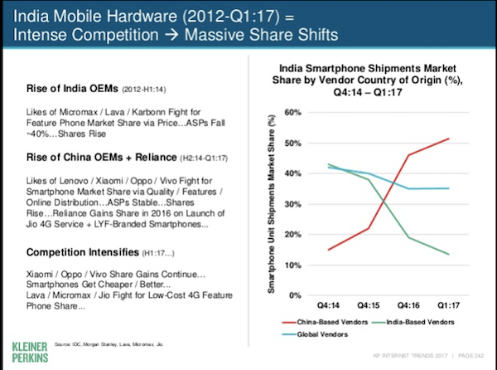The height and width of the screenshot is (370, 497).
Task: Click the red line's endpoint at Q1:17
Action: (x=448, y=139)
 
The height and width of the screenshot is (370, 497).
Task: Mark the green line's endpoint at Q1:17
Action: (x=448, y=254)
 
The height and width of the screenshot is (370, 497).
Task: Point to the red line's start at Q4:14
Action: (x=329, y=250)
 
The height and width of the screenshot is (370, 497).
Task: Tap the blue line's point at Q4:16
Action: (x=408, y=188)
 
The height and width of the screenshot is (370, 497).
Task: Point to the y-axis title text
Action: (x=273, y=204)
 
